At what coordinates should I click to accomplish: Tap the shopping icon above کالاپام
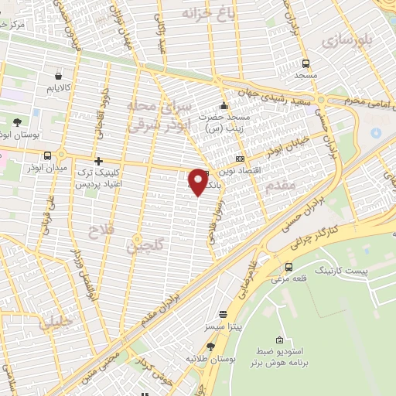coord(60,77)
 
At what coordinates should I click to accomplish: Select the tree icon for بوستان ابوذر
coord(17,122)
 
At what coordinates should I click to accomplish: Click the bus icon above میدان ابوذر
coord(48,155)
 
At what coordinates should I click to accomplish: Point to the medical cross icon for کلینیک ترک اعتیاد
coord(98,161)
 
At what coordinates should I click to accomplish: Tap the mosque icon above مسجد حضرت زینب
coord(224,106)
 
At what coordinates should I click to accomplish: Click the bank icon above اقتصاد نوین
coord(241,158)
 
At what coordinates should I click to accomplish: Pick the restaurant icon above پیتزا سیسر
coord(224,315)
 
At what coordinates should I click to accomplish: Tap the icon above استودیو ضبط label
coord(279,340)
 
